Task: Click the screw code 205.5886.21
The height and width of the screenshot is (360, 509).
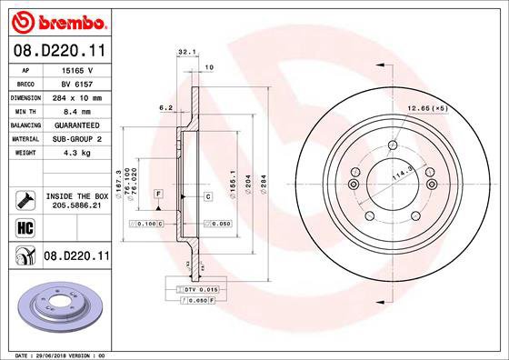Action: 77,205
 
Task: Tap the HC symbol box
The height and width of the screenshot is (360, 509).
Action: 25,227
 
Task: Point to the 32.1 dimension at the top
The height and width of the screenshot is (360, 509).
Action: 188,53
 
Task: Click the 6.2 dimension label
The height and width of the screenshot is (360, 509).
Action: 165,107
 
